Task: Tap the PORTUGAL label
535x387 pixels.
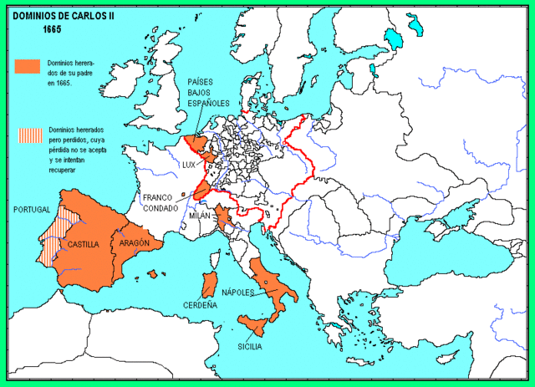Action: [33, 209]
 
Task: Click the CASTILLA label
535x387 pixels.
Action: [84, 245]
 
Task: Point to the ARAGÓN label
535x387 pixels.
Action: [135, 242]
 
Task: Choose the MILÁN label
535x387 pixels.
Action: [200, 216]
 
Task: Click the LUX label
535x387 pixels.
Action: [189, 165]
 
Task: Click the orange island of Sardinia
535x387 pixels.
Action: [208, 284]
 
